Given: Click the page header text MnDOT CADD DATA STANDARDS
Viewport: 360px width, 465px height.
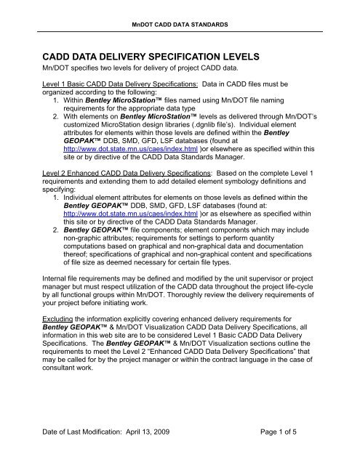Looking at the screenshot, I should click(x=179, y=24).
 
